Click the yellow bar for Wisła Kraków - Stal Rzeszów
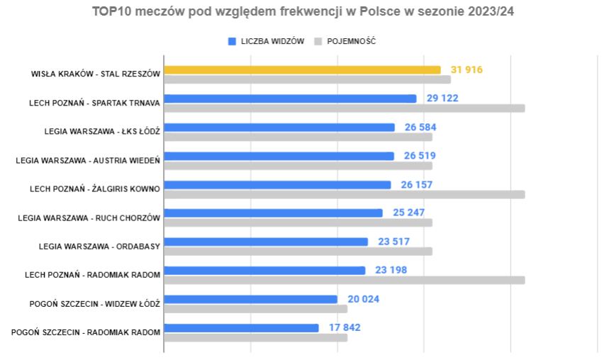[x=302, y=70]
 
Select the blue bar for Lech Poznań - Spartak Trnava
[x=290, y=99]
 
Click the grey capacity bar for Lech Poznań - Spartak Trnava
[x=345, y=108]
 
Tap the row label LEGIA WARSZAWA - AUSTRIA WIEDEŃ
[x=88, y=160]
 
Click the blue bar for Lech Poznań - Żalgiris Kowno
[x=277, y=185]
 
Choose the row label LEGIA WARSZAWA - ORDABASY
[x=99, y=246]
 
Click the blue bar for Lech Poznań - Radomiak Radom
[x=264, y=270]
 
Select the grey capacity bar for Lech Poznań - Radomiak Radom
[x=345, y=280]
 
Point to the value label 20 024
[x=363, y=299]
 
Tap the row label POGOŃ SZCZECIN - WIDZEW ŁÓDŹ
[x=95, y=303]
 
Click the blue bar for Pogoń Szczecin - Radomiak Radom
[x=241, y=327]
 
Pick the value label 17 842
[x=345, y=327]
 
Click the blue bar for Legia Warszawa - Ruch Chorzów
[x=273, y=213]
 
